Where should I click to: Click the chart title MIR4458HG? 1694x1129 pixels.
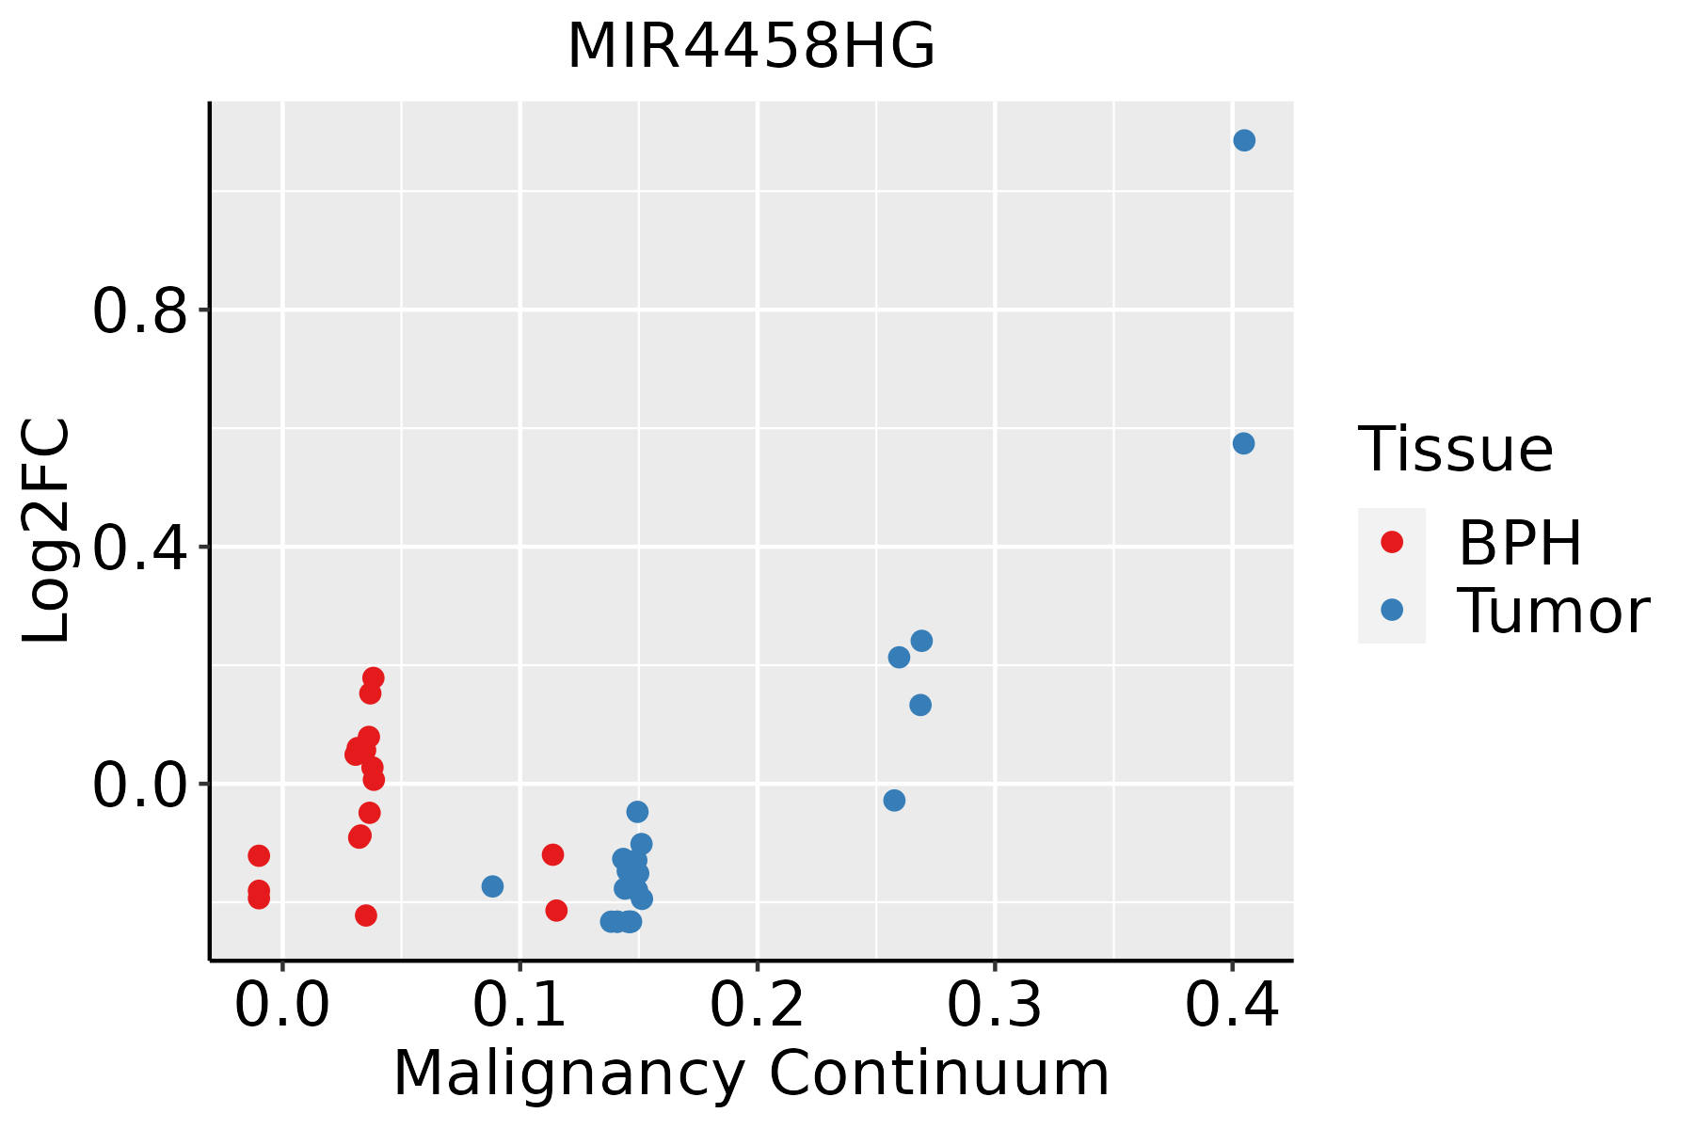coord(751,47)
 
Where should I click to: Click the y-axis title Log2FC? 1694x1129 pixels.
coord(47,532)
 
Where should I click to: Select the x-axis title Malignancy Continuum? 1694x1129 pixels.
coord(751,1073)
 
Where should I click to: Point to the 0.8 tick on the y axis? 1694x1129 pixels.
coord(141,310)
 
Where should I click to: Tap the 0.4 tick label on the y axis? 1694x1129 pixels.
coord(141,548)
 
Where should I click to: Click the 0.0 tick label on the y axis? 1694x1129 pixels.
coord(141,785)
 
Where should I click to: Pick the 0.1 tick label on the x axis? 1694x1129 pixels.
coord(519,1005)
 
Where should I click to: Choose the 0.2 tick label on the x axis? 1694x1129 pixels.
coord(757,1005)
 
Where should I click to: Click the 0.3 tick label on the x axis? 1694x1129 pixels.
coord(994,1005)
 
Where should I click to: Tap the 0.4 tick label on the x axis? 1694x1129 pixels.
coord(1231,1005)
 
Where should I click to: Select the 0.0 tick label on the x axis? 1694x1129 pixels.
coord(282,1005)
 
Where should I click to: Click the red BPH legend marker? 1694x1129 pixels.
coord(1391,542)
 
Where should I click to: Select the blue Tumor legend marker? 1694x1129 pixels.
coord(1391,610)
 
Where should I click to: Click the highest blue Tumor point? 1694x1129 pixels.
coord(1244,140)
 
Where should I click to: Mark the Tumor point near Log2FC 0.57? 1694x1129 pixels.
coord(1243,443)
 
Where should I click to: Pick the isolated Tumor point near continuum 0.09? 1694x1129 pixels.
coord(492,886)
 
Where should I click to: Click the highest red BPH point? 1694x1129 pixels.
coord(374,677)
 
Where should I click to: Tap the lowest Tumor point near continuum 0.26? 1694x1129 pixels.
coord(894,801)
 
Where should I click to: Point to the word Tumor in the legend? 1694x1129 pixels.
coord(1553,612)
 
